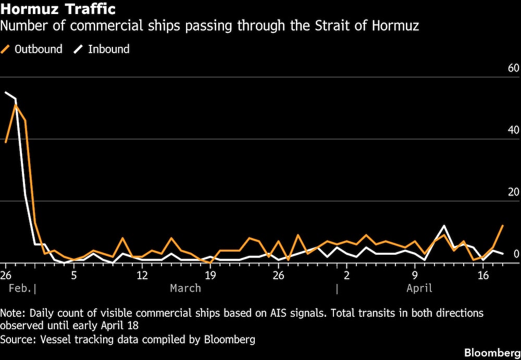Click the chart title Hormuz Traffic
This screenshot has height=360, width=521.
click(x=58, y=9)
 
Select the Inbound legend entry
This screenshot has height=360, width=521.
click(x=102, y=49)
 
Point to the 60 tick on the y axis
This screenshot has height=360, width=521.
click(x=513, y=68)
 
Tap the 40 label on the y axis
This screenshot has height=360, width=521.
click(x=513, y=130)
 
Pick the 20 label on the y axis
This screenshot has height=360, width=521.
click(x=513, y=192)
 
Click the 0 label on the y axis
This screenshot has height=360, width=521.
click(x=516, y=254)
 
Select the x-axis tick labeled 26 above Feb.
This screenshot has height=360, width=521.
click(x=6, y=275)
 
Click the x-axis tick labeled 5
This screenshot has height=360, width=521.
click(x=73, y=275)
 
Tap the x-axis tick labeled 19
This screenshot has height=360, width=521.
click(x=210, y=275)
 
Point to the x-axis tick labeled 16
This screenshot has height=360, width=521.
click(x=483, y=275)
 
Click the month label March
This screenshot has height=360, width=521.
click(x=185, y=288)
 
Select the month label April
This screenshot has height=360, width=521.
click(x=419, y=288)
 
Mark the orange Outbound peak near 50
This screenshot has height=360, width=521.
click(x=16, y=105)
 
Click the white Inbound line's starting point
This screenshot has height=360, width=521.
click(x=6, y=93)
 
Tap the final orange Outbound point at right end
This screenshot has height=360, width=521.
click(x=502, y=226)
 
